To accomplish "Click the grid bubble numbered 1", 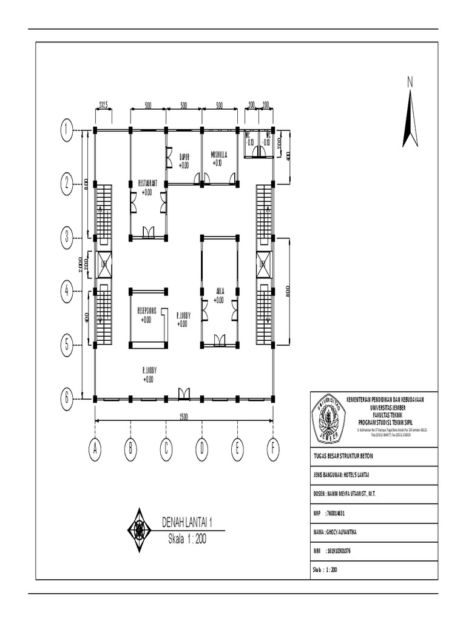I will tap(66, 129).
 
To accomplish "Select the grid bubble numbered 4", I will tap(66, 292).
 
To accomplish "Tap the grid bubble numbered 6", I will tap(66, 398).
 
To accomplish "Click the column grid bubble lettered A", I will tap(95, 449).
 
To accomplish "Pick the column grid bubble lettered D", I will tap(201, 449).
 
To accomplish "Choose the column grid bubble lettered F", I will tap(273, 449).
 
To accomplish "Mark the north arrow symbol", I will tap(411, 115).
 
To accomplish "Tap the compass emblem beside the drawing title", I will tap(140, 529).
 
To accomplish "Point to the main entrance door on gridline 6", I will tap(184, 395).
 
